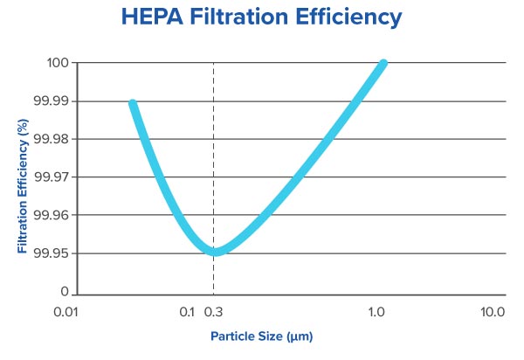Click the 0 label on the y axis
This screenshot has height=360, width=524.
65,292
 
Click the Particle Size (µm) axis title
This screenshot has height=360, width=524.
261,336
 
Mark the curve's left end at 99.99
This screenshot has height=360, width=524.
133,103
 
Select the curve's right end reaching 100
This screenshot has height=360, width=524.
383,64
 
